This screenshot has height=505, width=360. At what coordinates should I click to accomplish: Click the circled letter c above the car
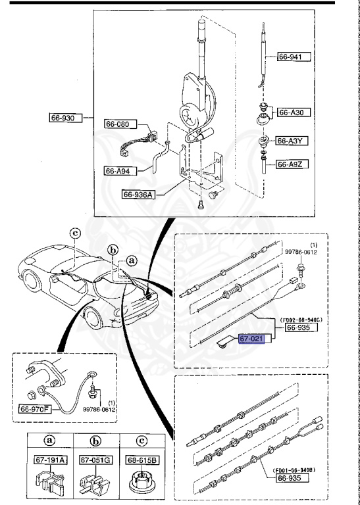[x=75, y=232]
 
